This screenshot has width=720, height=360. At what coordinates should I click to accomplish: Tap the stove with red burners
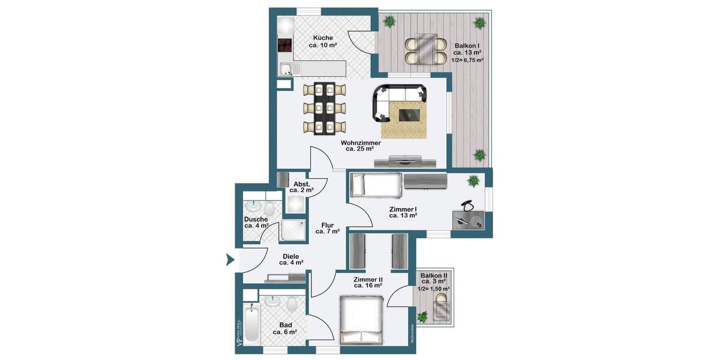coord(284,46)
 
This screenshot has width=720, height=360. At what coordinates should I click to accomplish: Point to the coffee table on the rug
coord(409,114)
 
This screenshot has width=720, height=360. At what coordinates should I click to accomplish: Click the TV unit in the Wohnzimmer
coord(405,160)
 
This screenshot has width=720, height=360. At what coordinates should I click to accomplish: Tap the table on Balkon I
coord(425,49)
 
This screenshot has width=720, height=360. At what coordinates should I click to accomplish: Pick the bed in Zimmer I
coord(376,185)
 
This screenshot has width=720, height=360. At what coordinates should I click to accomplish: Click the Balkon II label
coord(434,278)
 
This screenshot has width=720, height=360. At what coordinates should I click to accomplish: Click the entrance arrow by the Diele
coord(229,260)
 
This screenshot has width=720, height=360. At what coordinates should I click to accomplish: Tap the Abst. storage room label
coord(301,187)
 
